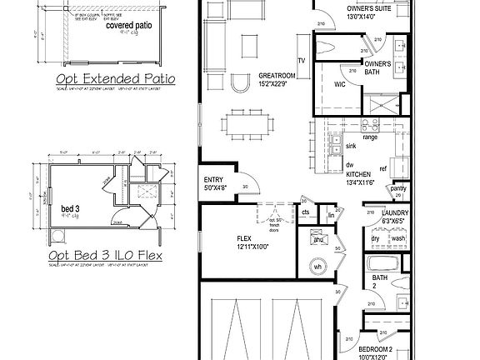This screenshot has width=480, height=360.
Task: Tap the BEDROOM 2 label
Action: (375, 349)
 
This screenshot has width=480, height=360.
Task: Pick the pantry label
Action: (398, 189)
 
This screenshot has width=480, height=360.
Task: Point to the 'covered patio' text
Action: (128, 26)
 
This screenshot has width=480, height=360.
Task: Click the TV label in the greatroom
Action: (302, 61)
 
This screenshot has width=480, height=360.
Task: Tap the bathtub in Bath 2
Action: (384, 266)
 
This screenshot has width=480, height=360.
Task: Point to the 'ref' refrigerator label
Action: (383, 168)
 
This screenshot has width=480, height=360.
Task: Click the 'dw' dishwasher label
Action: (350, 164)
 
